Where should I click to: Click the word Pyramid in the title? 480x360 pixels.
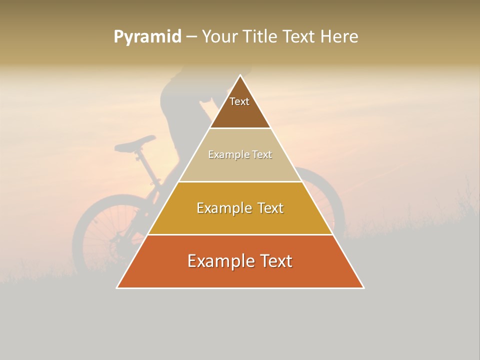pos(147,36)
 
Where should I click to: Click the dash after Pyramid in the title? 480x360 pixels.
pos(191,37)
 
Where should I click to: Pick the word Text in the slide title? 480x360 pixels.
pos(299,36)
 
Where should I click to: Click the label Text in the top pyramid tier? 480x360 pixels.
pos(239,101)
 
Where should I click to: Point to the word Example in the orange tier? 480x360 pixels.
pos(216,261)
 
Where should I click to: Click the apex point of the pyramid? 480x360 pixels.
pos(240,75)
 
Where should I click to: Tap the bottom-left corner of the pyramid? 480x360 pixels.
pos(117,287)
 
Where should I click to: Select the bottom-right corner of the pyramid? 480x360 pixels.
pos(363,287)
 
